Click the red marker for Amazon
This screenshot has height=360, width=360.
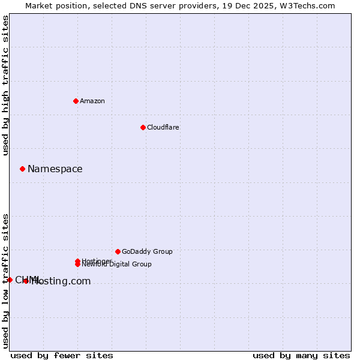tap(76, 101)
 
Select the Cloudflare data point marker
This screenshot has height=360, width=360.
tap(143, 127)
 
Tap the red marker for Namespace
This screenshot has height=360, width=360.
tap(22, 169)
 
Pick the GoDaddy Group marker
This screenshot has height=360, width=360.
tap(118, 251)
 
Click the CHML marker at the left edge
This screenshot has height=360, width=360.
tap(10, 280)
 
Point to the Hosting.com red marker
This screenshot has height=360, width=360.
tap(26, 281)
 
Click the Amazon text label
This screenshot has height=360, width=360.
tap(92, 101)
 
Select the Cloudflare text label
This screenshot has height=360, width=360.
tap(163, 127)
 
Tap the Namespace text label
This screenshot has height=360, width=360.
tap(55, 169)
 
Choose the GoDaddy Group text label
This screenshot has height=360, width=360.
tap(146, 251)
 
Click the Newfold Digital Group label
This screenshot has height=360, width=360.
tap(116, 264)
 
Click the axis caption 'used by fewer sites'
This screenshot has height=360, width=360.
tap(62, 355)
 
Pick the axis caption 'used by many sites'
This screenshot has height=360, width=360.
tap(301, 355)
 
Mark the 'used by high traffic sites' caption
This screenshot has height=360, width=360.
tap(6, 85)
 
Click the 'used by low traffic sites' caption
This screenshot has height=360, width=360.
tap(6, 281)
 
